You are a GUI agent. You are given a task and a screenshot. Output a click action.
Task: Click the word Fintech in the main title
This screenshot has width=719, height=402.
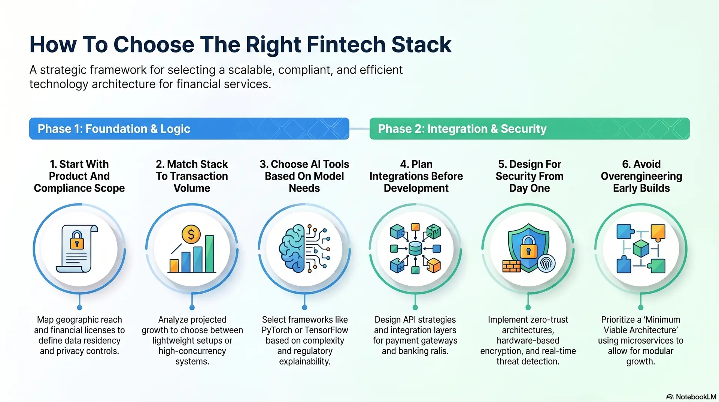click(346, 45)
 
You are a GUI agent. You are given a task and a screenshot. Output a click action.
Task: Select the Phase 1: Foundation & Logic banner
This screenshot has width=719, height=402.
click(189, 129)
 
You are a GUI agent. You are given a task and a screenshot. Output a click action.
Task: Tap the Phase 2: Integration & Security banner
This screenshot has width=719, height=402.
click(529, 129)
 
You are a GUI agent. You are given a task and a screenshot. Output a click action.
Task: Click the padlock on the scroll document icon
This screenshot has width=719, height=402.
click(77, 240)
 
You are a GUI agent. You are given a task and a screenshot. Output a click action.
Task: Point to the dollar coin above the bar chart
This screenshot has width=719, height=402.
click(191, 235)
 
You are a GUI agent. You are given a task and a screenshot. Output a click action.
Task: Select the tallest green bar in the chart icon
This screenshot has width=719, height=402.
click(210, 253)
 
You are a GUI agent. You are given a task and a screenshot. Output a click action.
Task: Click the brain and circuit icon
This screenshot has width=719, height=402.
click(304, 248)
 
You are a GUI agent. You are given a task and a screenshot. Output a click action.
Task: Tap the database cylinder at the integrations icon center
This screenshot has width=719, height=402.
click(415, 248)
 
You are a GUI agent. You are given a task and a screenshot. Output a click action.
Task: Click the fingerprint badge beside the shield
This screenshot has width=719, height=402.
click(546, 264)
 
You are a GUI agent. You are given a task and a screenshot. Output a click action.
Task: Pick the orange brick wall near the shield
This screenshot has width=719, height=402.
click(511, 266)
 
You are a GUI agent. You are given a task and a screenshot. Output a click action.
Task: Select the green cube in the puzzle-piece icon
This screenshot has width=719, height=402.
click(641, 248)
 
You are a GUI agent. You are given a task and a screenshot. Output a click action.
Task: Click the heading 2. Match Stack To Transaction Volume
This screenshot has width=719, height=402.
click(192, 176)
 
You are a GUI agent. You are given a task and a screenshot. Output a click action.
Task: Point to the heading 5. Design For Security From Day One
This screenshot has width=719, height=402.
click(529, 176)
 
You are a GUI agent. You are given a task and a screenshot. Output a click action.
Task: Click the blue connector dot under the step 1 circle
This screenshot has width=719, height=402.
click(79, 307)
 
